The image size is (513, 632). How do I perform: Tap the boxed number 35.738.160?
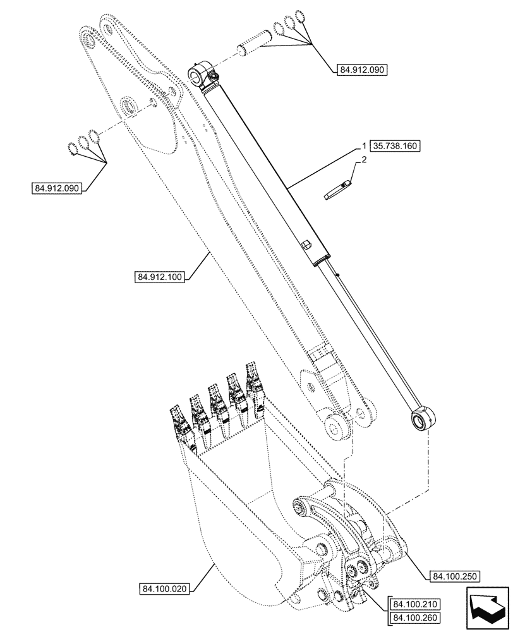pyautogui.click(x=395, y=145)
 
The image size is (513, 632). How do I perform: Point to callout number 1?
pyautogui.click(x=365, y=145)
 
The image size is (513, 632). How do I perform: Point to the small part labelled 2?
pyautogui.click(x=336, y=190)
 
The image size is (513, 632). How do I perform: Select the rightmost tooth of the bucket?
pyautogui.click(x=255, y=382)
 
